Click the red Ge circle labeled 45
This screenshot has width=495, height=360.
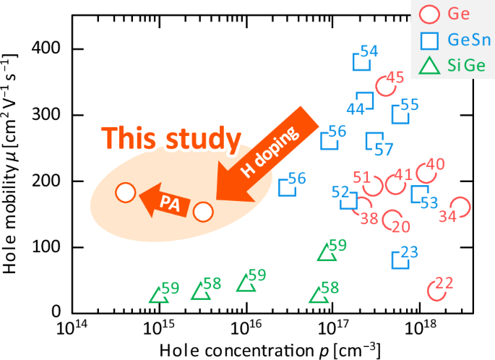point(385,87)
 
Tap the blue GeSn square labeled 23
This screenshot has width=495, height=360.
point(400,260)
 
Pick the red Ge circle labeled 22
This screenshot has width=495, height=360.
point(436,291)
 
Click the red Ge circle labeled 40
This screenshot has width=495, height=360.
point(427,173)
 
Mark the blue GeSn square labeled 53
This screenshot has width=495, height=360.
point(419,194)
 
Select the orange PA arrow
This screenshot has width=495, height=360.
point(165,202)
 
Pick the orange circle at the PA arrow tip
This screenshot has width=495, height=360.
point(126,192)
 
